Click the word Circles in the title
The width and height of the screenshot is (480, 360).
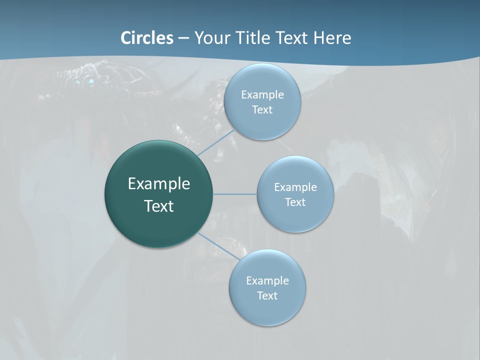[x=147, y=38]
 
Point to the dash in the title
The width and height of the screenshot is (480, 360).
[x=183, y=38]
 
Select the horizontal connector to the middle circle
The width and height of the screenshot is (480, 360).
[x=235, y=194]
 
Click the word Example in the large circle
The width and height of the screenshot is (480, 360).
[x=159, y=184]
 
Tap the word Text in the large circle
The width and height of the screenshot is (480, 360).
[x=159, y=206]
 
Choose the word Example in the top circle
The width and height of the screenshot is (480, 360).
[x=262, y=94]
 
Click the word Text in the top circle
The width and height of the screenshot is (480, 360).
[x=262, y=109]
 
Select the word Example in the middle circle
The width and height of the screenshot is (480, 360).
[x=295, y=187]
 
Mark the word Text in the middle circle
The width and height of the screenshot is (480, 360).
[x=295, y=202]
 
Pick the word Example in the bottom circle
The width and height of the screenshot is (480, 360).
[x=267, y=280]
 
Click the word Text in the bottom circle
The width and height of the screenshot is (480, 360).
[x=267, y=295]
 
